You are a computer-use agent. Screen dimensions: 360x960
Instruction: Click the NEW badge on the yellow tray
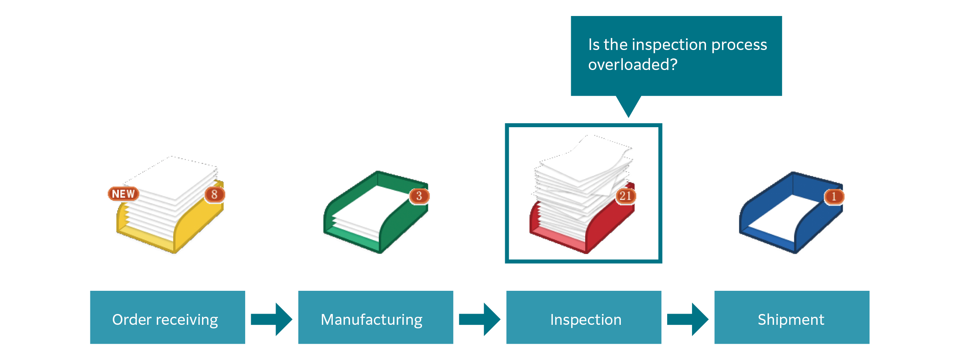pyautogui.click(x=123, y=194)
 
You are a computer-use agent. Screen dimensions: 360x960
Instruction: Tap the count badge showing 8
pyautogui.click(x=214, y=194)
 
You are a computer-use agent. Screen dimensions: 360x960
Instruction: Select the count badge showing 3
pyautogui.click(x=419, y=196)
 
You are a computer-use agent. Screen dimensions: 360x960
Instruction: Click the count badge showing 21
pyautogui.click(x=625, y=196)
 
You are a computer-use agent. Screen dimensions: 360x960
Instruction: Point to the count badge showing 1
pyautogui.click(x=834, y=196)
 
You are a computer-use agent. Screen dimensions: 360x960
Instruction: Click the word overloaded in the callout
pyautogui.click(x=628, y=65)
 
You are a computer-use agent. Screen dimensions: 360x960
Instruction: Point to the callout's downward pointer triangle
pyautogui.click(x=628, y=105)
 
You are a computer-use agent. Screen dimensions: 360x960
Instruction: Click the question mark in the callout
pyautogui.click(x=673, y=65)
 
